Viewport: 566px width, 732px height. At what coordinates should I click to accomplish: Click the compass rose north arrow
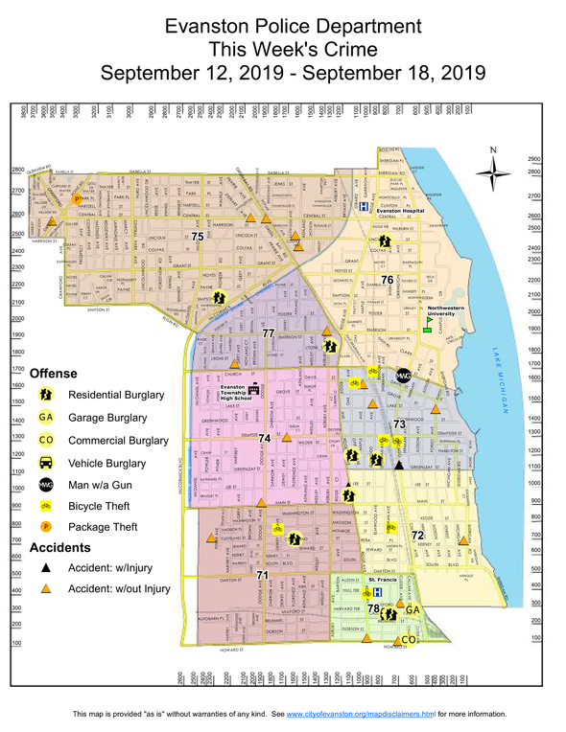coord(494,173)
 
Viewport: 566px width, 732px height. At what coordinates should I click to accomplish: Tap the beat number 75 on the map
coord(198,236)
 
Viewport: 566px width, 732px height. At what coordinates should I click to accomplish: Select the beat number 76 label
coord(388,280)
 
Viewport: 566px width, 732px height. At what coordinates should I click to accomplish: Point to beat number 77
coord(269,332)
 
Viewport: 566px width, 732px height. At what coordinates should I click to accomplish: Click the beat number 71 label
coord(261,574)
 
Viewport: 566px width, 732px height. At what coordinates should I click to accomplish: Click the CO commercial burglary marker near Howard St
coord(407,639)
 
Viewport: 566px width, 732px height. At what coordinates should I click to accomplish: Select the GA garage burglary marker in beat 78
coord(413,610)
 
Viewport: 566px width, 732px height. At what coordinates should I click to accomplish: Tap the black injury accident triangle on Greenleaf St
coord(399,464)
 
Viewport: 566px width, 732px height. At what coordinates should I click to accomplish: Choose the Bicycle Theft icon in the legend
coord(45,506)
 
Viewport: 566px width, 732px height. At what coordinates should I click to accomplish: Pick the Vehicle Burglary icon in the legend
coord(45,462)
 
